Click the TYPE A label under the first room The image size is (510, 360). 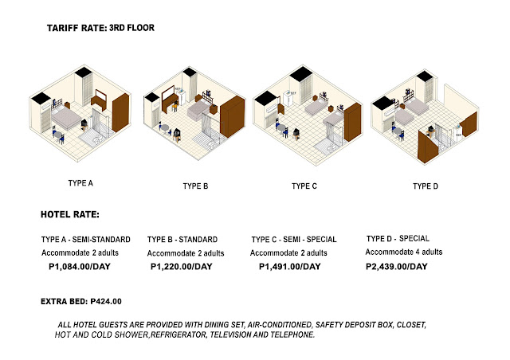point(80,183)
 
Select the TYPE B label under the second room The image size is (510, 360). point(195,186)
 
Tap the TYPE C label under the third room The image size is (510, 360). point(304,186)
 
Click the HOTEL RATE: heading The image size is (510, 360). point(70,214)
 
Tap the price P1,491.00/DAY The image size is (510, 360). point(290,267)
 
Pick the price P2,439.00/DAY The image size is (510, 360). point(401,267)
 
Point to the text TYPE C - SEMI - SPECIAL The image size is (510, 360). point(293,239)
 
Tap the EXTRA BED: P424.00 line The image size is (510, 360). point(80,302)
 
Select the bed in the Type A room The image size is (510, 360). point(68,119)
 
